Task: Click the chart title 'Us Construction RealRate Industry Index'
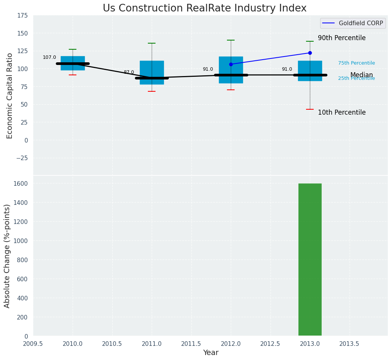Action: pos(204,8)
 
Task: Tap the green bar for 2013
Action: pos(310,260)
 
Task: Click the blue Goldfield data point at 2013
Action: pos(310,53)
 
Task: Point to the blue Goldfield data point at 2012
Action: pos(231,64)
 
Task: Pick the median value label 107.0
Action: pos(49,57)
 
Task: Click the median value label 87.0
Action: pos(129,72)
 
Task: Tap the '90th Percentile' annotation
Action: pos(342,38)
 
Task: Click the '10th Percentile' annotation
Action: pos(342,113)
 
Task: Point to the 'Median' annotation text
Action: pos(361,75)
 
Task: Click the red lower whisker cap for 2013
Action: pos(310,109)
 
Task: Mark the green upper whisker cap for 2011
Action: pos(152,43)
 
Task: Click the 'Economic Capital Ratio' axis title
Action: pos(10,96)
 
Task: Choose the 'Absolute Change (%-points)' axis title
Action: pos(7,256)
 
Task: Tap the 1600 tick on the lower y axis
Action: pos(21,183)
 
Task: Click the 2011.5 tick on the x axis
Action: pos(191,344)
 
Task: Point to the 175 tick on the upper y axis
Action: pos(22,15)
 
